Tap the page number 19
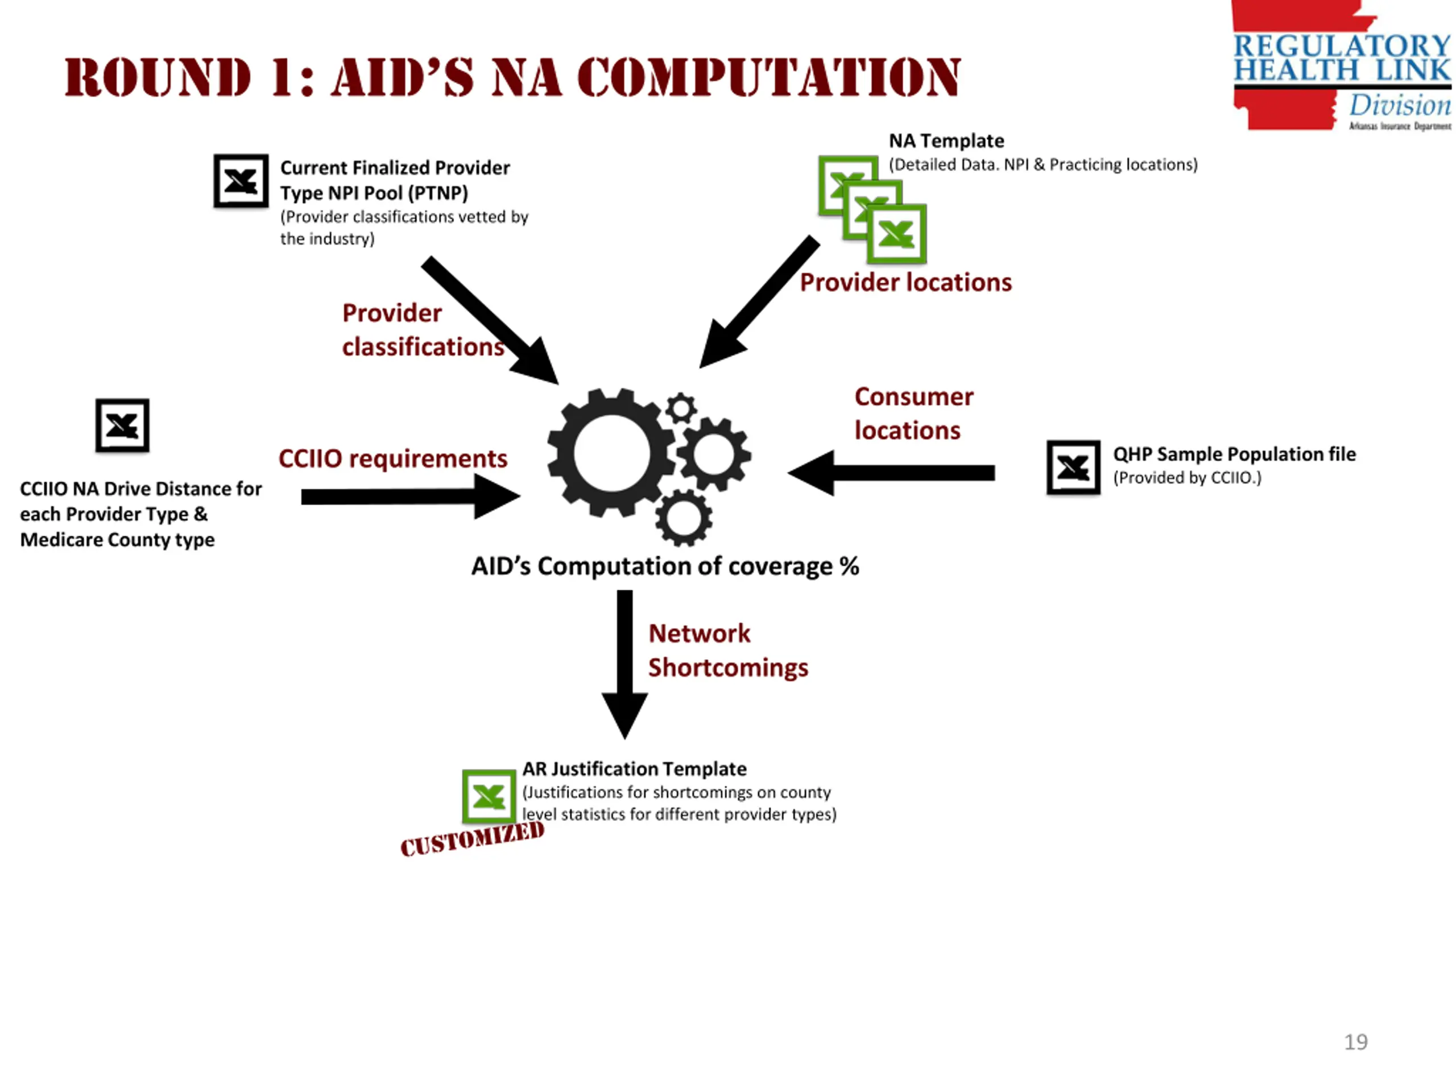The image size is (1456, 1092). pyautogui.click(x=1355, y=1042)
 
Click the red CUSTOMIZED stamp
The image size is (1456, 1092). pyautogui.click(x=472, y=840)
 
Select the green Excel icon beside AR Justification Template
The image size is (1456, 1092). pyautogui.click(x=489, y=796)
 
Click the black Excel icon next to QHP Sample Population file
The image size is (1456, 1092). pyautogui.click(x=1073, y=468)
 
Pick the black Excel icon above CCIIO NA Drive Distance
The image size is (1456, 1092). pyautogui.click(x=122, y=425)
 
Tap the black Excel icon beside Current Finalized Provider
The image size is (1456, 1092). pyautogui.click(x=241, y=181)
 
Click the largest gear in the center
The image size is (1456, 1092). pyautogui.click(x=611, y=453)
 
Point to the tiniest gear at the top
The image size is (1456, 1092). pyautogui.click(x=681, y=408)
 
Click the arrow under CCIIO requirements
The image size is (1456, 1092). pyautogui.click(x=408, y=497)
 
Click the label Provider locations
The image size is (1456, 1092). pyautogui.click(x=905, y=282)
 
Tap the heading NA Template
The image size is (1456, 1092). pyautogui.click(x=946, y=141)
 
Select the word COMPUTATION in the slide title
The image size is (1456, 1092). pyautogui.click(x=769, y=78)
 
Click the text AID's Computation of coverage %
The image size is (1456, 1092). pyautogui.click(x=665, y=566)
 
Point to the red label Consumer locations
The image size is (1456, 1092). pyautogui.click(x=913, y=413)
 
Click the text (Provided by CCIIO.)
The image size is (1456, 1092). pyautogui.click(x=1187, y=478)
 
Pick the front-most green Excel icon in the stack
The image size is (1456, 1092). pyautogui.click(x=896, y=234)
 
